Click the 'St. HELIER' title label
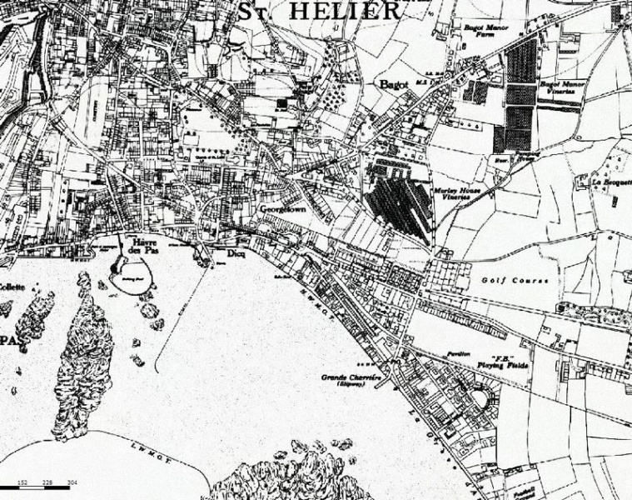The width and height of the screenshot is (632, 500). coord(320,11)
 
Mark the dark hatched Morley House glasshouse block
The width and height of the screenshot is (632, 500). coord(398,204)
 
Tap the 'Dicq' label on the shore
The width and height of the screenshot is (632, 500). coord(236,253)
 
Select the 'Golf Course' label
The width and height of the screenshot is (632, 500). coord(515,281)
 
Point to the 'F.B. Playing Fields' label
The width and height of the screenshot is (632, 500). coord(504,361)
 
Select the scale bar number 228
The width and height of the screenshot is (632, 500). coord(47,481)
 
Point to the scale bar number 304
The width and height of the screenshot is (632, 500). coord(72,481)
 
